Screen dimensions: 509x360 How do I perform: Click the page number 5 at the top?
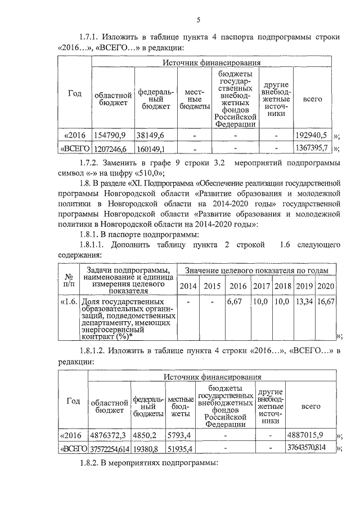tap(199, 21)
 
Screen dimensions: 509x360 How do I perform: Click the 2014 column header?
tap(188, 286)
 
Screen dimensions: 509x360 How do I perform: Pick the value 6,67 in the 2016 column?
tap(234, 302)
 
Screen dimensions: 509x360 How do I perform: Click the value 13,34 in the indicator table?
tap(304, 302)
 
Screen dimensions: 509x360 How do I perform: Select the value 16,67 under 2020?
tap(326, 302)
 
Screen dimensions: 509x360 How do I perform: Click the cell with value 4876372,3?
tap(110, 435)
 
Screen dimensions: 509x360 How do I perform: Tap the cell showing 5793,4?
tap(180, 435)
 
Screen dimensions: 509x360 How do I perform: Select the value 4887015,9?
tap(305, 435)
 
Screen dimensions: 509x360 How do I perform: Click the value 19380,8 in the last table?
tap(148, 448)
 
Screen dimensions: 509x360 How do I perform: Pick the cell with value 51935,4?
tap(181, 448)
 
